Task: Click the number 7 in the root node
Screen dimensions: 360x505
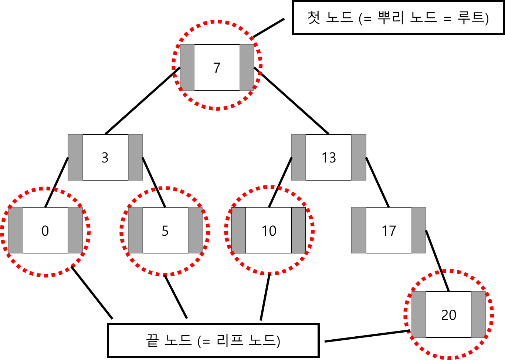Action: point(217,68)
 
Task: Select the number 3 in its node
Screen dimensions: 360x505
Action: point(105,158)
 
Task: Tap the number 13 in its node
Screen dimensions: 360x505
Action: point(329,158)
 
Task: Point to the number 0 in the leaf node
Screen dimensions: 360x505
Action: point(45,231)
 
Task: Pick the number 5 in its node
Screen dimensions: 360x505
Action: point(165,231)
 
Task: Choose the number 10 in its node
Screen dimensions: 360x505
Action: point(269,231)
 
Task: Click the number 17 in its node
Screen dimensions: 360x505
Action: point(389,231)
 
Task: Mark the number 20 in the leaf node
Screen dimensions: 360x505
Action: point(449,315)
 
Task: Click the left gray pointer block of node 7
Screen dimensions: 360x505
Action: point(187,67)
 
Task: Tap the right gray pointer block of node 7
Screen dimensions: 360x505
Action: point(247,67)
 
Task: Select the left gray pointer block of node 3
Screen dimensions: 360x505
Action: point(75,157)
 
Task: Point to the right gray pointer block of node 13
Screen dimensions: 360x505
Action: point(359,157)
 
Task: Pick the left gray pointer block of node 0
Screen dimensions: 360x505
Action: point(15,230)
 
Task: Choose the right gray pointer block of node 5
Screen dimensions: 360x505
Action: point(195,230)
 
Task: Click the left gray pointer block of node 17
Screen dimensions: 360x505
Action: point(359,230)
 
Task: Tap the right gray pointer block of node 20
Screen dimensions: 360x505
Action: point(479,314)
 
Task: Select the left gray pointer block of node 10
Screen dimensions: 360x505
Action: point(239,230)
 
